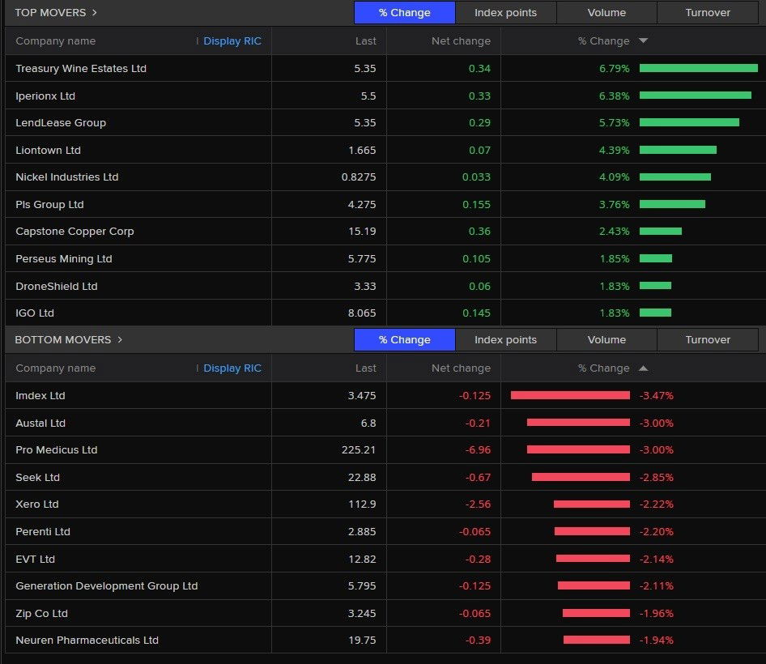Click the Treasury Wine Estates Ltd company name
pos(81,69)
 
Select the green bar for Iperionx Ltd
pos(695,96)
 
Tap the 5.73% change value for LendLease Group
pos(614,123)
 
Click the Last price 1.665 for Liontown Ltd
pos(362,151)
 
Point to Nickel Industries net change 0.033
pos(476,177)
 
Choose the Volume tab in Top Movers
pos(606,13)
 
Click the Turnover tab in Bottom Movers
pos(708,340)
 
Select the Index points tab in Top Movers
pos(505,13)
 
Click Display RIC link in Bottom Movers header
pos(232,368)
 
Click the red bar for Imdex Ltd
pos(570,396)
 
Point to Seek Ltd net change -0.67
pos(478,478)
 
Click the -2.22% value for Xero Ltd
pos(657,504)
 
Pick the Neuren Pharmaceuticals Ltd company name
pos(87,641)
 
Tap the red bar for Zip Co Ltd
pos(596,613)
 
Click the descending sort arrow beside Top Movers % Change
pos(643,41)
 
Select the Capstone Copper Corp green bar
pos(661,232)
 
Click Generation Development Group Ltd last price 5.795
pos(362,586)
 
